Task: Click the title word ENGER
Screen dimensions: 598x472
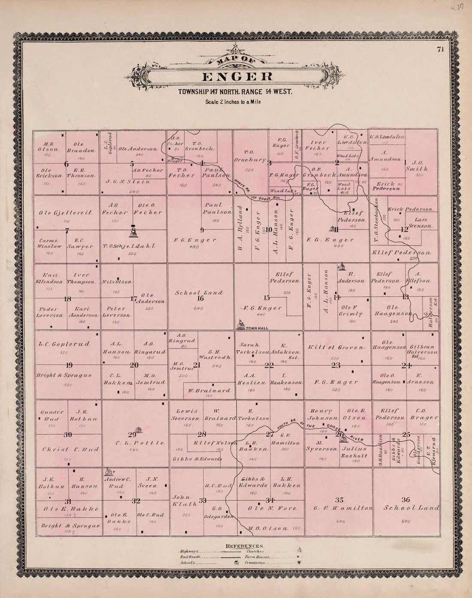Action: tap(237, 77)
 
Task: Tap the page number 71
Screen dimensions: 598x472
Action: tap(440, 49)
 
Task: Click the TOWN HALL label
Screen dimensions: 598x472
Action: tap(257, 328)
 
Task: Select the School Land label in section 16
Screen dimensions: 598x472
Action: tap(199, 293)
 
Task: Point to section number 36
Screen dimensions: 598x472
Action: tap(405, 499)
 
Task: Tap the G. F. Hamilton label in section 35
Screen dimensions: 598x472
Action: tap(342, 508)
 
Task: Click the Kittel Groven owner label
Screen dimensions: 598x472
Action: tap(336, 346)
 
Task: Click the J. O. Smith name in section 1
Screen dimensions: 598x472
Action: tap(421, 166)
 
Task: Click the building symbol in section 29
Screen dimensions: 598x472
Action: tap(139, 429)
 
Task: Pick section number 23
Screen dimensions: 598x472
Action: tap(336, 365)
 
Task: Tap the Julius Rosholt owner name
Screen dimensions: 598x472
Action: tap(354, 452)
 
